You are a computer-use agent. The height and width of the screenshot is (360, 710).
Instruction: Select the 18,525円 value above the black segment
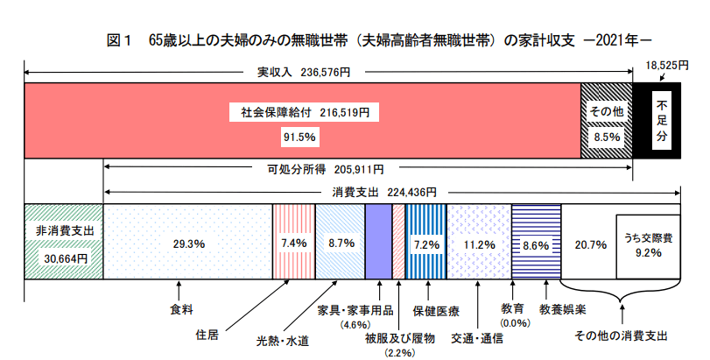coord(663,66)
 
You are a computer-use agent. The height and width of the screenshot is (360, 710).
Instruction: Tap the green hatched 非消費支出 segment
coord(64,242)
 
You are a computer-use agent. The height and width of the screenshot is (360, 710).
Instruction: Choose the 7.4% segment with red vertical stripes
coord(294,243)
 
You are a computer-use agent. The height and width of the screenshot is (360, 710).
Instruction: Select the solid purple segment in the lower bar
coord(378,242)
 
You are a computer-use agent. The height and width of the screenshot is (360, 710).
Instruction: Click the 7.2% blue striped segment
coord(425,243)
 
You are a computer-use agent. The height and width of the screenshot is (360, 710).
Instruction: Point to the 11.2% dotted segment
coord(478,243)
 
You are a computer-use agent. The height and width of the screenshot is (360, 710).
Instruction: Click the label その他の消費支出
coord(621,335)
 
